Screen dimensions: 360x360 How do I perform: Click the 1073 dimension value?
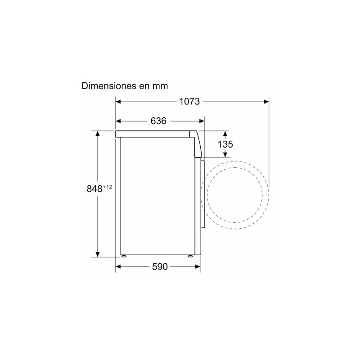pyautogui.click(x=189, y=102)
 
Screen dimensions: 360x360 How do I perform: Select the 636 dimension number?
pyautogui.click(x=158, y=121)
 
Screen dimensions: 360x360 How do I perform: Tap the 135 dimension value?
pyautogui.click(x=225, y=144)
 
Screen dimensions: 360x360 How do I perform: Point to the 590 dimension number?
pyautogui.click(x=160, y=266)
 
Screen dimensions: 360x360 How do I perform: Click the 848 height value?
pyautogui.click(x=94, y=189)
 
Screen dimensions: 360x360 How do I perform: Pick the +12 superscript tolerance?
pyautogui.click(x=108, y=187)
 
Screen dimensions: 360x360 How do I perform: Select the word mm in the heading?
pyautogui.click(x=160, y=86)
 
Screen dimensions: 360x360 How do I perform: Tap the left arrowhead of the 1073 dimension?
pyautogui.click(x=118, y=102)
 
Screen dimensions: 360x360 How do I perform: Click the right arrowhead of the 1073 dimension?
pyautogui.click(x=266, y=102)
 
